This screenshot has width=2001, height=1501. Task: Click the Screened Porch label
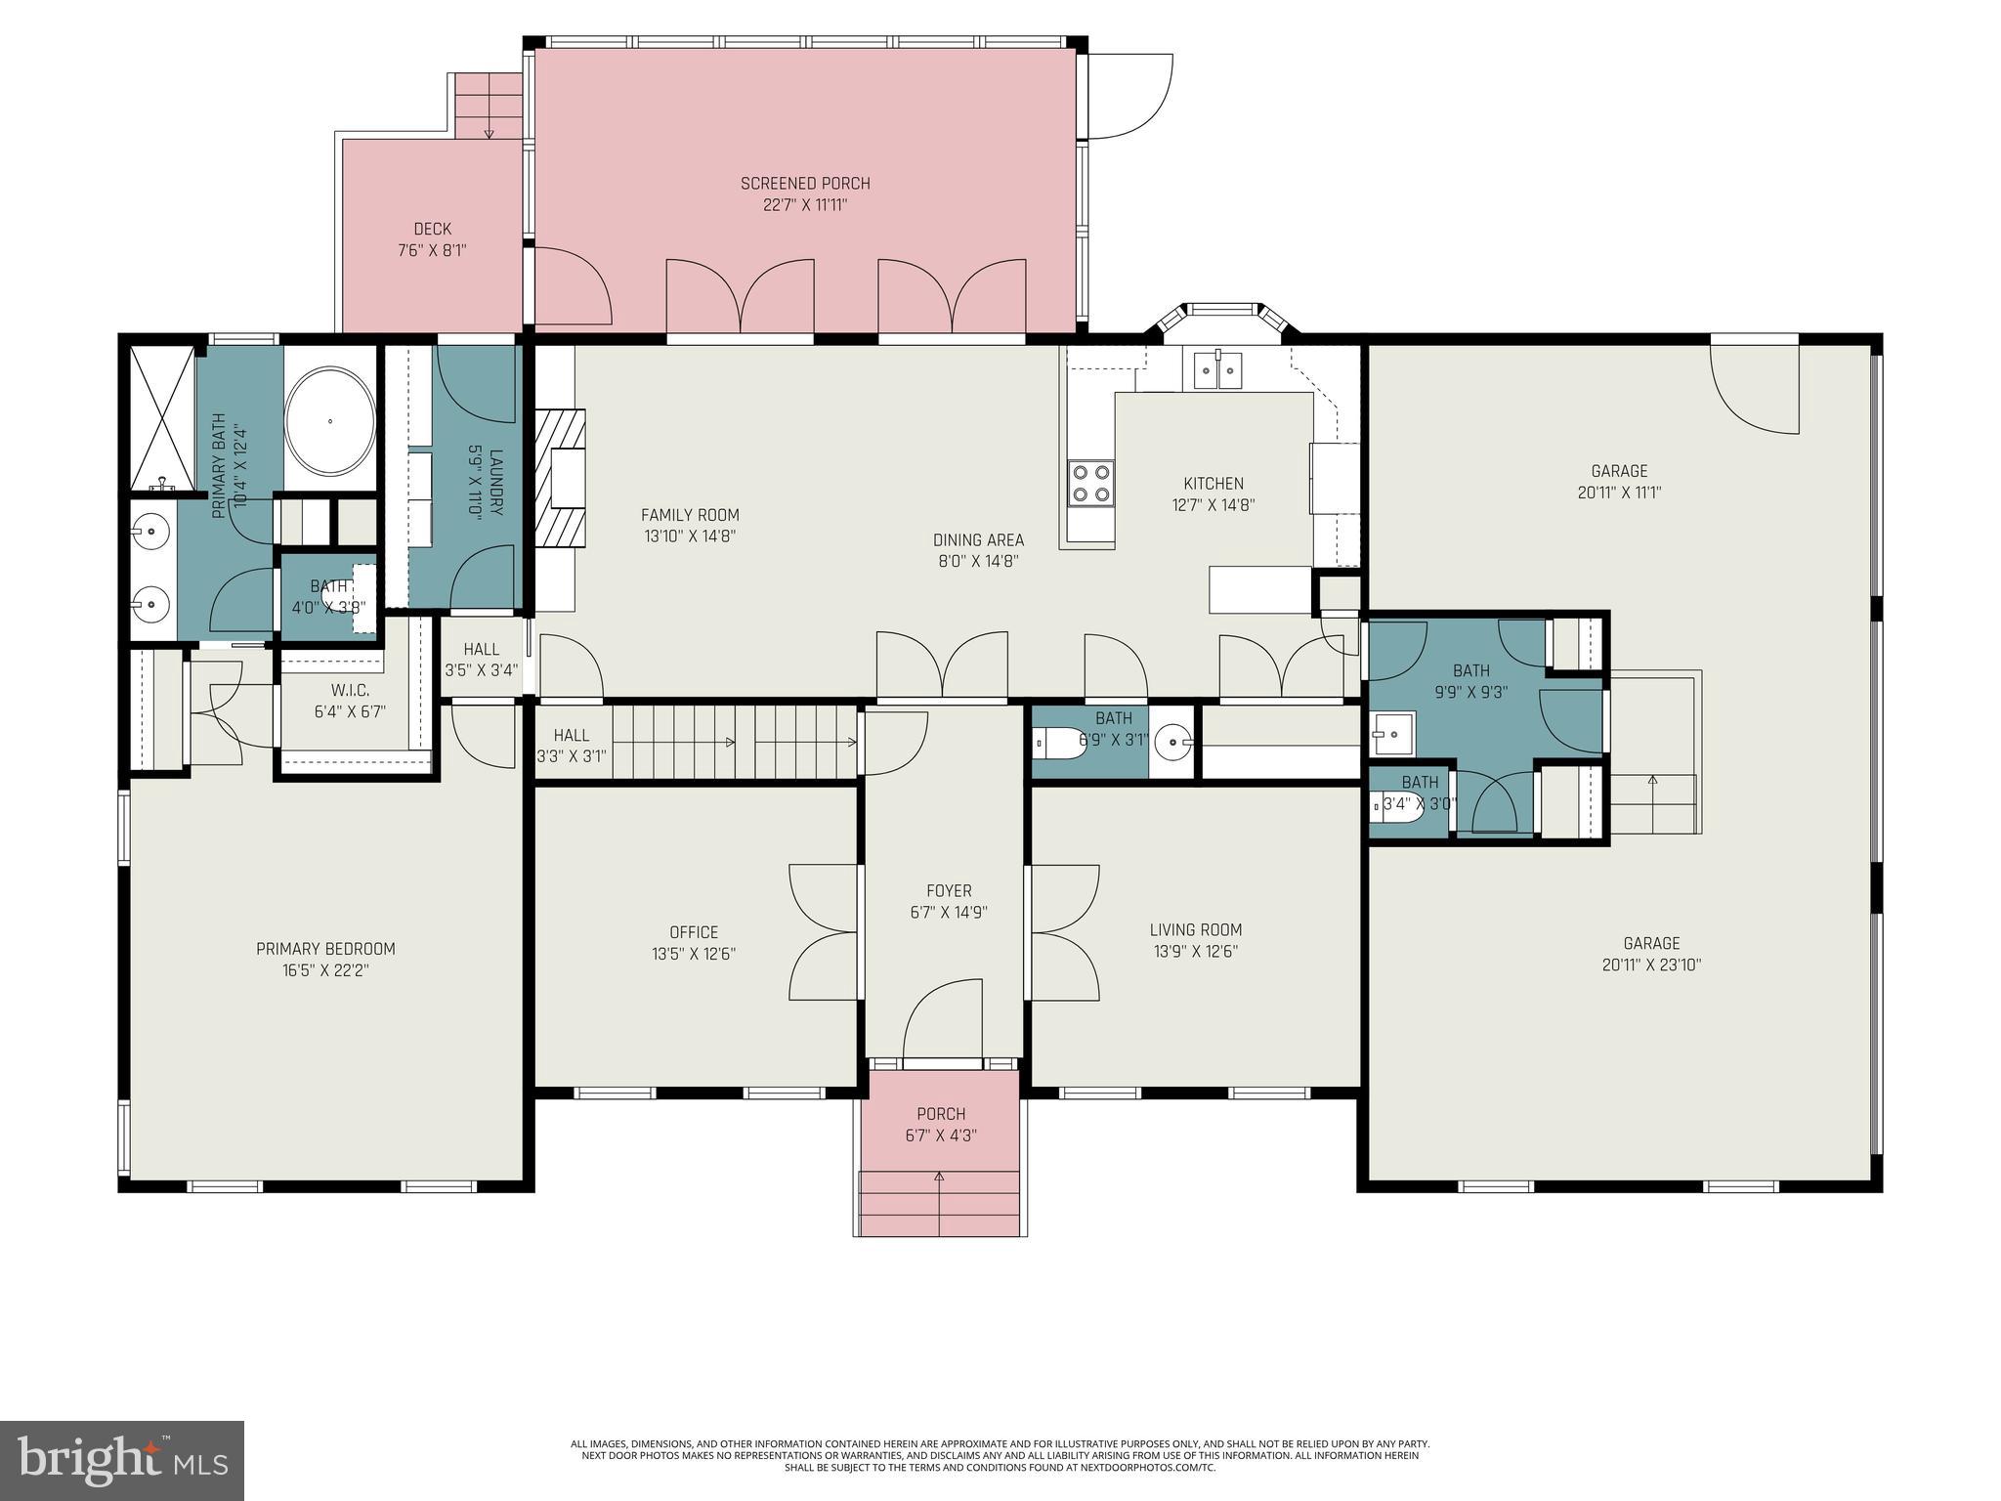pos(804,184)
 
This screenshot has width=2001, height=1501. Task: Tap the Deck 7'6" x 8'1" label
pos(432,239)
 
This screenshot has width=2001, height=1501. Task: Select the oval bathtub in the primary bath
pos(330,421)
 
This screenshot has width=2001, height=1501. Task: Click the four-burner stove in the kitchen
pos(1090,483)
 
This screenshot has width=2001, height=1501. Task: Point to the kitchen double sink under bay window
pos(1217,369)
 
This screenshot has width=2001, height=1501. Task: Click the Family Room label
pos(690,515)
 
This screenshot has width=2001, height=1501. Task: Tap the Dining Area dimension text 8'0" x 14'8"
pos(978,561)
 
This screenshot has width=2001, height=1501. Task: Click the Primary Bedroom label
pos(325,949)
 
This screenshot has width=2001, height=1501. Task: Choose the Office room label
pos(694,932)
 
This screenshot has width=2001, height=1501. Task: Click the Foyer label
pos(949,891)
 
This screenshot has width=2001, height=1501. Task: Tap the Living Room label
pos(1195,930)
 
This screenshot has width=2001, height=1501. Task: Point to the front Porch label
pos(941,1114)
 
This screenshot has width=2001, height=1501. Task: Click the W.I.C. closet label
pos(349,691)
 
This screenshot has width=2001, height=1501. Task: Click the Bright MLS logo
pos(122,1460)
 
